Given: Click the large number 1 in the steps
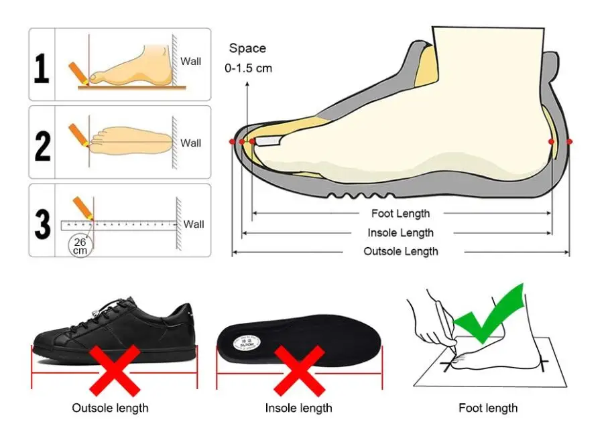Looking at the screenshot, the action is click(42, 68).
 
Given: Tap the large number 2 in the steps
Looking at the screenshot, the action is click(42, 146).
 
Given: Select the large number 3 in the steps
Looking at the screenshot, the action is click(42, 224).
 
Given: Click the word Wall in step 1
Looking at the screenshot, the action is click(190, 62).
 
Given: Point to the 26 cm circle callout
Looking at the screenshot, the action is click(80, 246).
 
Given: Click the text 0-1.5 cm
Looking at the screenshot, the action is click(248, 68).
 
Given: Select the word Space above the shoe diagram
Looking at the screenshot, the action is click(247, 48).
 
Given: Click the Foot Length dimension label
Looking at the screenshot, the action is click(401, 214).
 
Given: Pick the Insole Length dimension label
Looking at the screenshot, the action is click(401, 233).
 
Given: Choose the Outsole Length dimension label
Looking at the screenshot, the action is click(401, 251).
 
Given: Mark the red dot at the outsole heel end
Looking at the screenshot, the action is click(569, 142).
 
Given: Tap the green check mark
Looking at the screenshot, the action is click(489, 313).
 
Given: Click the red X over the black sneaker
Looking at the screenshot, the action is click(115, 370).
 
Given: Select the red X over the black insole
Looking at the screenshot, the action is click(299, 370).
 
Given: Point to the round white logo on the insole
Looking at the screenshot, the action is click(247, 344).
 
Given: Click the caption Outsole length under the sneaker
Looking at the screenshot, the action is click(110, 408).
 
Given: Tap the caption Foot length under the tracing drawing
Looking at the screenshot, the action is click(488, 408).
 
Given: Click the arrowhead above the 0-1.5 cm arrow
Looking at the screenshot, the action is click(247, 84).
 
